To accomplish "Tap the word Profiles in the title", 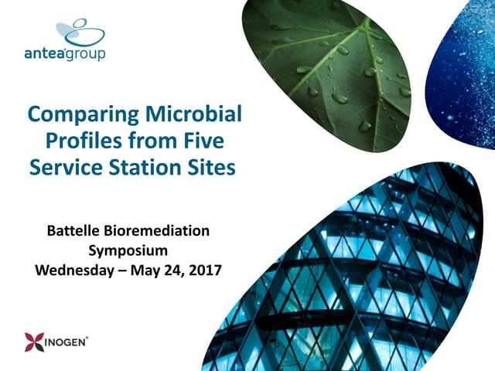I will pyautogui.click(x=83, y=141).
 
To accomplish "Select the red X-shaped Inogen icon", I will pyautogui.click(x=34, y=341).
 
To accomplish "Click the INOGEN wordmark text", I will pyautogui.click(x=67, y=341).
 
